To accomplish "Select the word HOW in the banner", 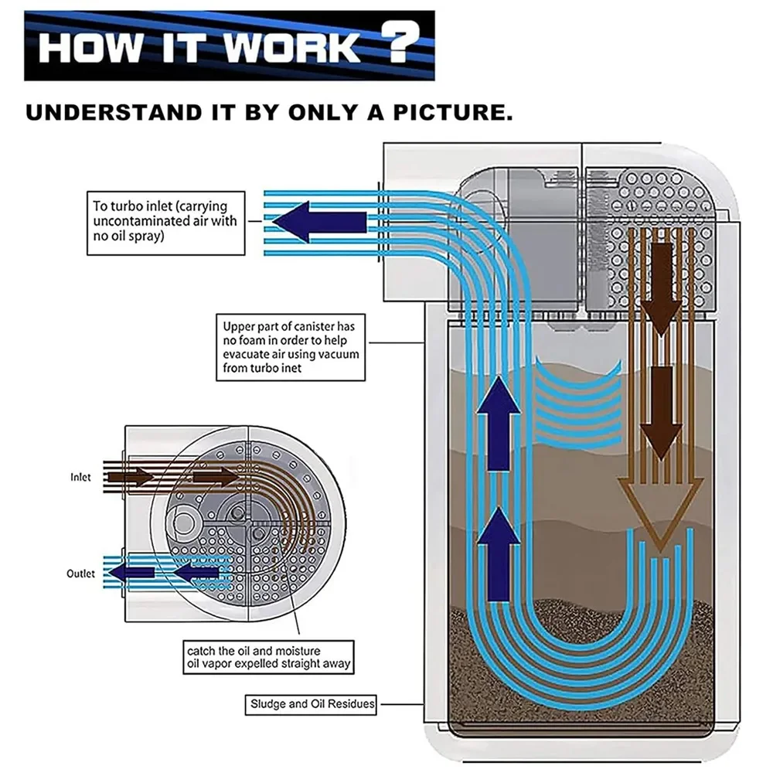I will click(x=90, y=47).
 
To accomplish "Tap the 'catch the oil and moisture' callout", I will click(x=267, y=657).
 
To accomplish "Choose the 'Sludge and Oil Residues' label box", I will click(x=312, y=704).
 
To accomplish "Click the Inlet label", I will click(x=80, y=477).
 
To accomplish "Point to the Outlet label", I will click(x=80, y=574).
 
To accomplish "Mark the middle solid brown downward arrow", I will click(x=662, y=410).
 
